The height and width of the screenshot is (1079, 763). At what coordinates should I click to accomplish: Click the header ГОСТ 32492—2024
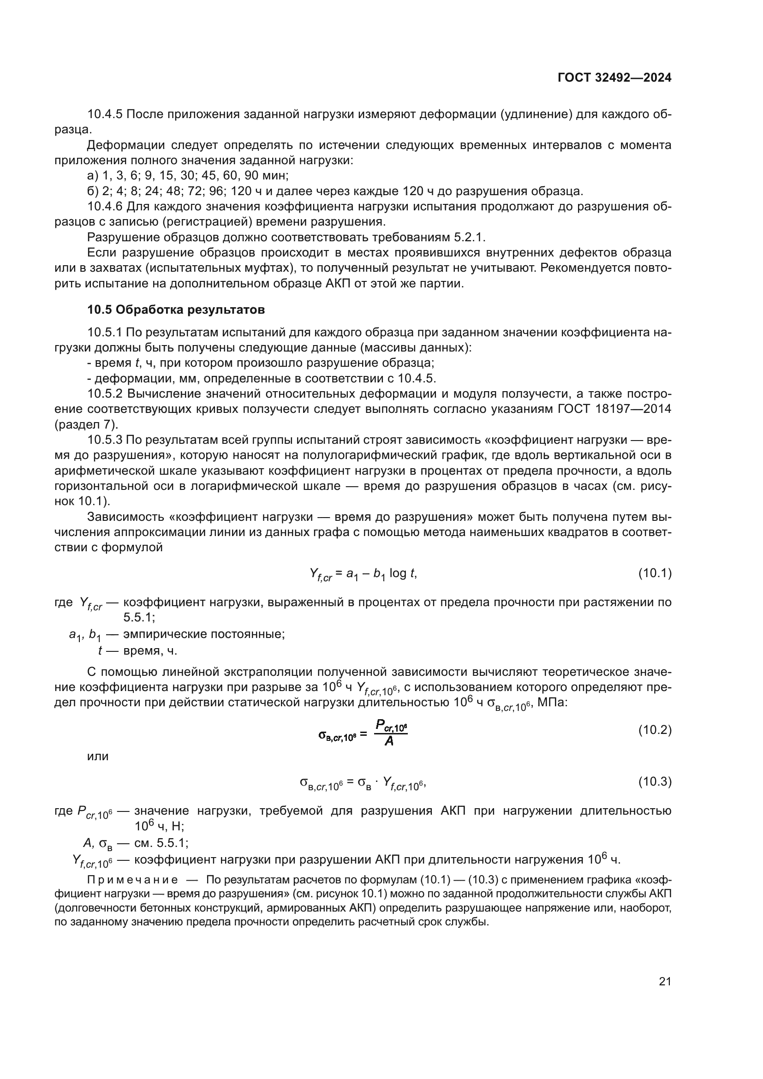pyautogui.click(x=614, y=77)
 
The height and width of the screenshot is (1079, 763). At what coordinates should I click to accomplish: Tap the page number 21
pyautogui.click(x=665, y=981)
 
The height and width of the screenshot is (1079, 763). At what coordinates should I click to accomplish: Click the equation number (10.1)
pyautogui.click(x=655, y=573)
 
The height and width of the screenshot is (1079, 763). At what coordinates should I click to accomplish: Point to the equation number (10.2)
pyautogui.click(x=655, y=730)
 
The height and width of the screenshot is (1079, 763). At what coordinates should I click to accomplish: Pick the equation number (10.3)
pyautogui.click(x=655, y=781)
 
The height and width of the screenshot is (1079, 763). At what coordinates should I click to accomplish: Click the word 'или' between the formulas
pyautogui.click(x=98, y=756)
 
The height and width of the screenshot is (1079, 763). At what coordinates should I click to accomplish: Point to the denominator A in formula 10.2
pyautogui.click(x=389, y=742)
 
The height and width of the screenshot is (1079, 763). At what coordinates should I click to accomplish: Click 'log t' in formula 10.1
pyautogui.click(x=402, y=573)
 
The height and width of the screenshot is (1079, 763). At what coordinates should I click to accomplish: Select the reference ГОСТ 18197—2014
pyautogui.click(x=614, y=409)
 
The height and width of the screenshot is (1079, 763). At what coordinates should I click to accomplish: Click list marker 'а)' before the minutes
pyautogui.click(x=93, y=176)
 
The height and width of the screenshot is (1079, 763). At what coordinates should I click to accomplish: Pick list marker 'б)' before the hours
pyautogui.click(x=93, y=191)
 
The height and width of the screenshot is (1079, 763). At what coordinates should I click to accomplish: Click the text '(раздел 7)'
pyautogui.click(x=86, y=424)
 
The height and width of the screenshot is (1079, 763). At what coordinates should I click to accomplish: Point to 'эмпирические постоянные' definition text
pyautogui.click(x=204, y=634)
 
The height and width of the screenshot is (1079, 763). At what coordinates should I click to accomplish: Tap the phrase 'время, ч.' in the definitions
pyautogui.click(x=150, y=651)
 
